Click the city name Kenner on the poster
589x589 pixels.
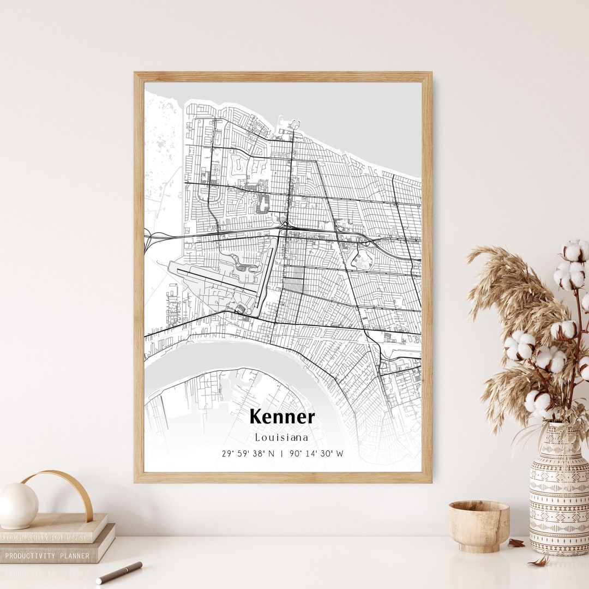[x=282, y=417]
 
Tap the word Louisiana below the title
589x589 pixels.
[x=281, y=437]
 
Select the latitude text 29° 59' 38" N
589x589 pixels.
[x=248, y=454]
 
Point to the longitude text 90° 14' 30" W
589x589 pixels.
[x=317, y=454]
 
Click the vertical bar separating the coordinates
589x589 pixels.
[x=282, y=454]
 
